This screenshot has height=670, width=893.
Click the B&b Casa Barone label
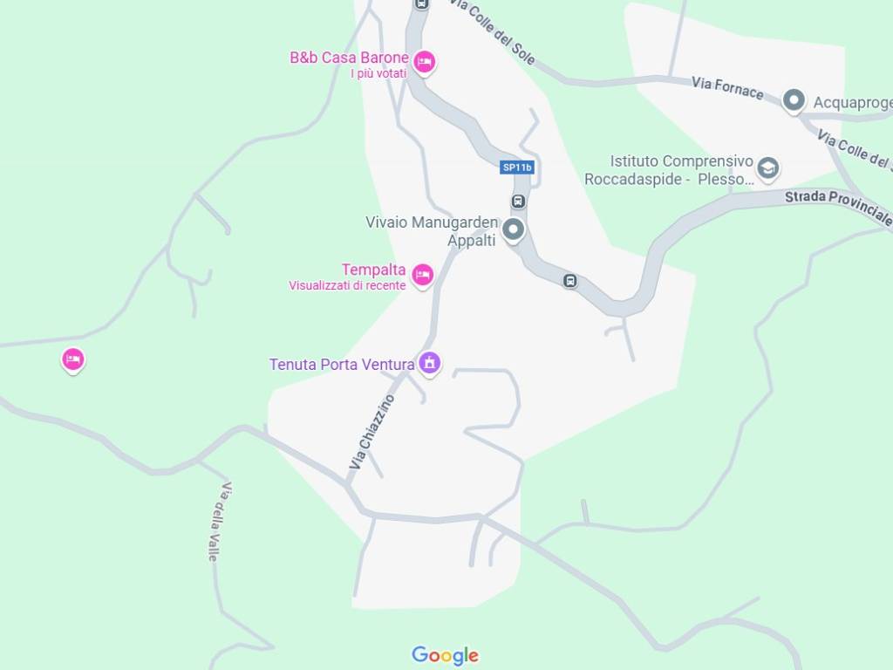[x=349, y=58]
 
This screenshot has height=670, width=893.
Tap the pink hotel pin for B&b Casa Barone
[x=425, y=62]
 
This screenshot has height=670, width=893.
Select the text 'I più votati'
[x=378, y=74]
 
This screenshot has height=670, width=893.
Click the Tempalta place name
[x=373, y=270]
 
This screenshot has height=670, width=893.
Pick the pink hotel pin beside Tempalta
[x=423, y=275]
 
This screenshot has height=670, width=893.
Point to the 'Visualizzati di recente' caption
[x=347, y=285]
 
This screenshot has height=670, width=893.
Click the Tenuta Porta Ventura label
[x=342, y=365]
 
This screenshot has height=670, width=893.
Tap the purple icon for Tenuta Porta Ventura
[x=429, y=362]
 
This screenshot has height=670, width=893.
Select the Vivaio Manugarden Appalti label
[x=432, y=231]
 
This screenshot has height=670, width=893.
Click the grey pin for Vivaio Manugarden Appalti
[x=514, y=230]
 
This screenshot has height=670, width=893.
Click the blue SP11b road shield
[x=517, y=167]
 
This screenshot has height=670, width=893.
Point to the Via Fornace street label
[x=727, y=88]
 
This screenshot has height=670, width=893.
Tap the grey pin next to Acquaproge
[x=794, y=100]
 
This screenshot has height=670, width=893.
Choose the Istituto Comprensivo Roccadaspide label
[x=669, y=170]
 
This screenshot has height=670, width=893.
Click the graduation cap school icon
[x=768, y=167]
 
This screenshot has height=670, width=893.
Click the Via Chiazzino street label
[x=372, y=433]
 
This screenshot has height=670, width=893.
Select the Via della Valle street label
[x=219, y=521]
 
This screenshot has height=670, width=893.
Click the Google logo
[x=446, y=656]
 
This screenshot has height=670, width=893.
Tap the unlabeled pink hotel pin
[x=73, y=359]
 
